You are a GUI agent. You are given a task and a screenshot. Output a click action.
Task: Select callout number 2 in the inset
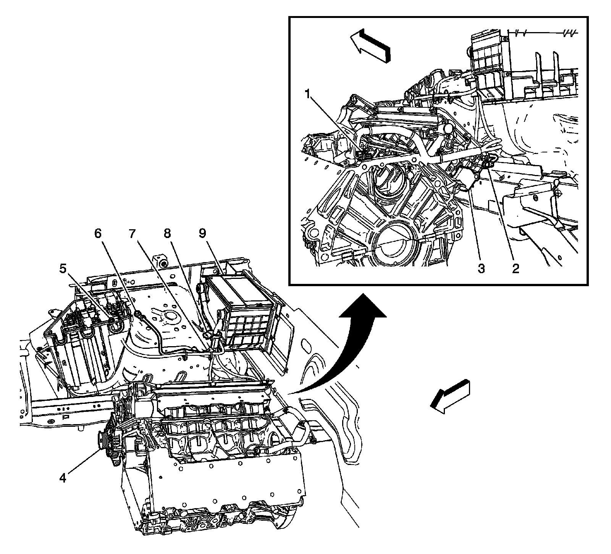[x=516, y=269]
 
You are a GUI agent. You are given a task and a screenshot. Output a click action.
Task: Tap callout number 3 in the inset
[x=481, y=269]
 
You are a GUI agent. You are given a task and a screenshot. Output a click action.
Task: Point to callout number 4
[x=62, y=478]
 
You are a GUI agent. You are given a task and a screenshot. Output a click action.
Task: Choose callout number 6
[x=99, y=234]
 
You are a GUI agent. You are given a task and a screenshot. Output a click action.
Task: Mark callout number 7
[x=132, y=234]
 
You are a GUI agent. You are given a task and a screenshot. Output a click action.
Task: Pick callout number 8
[x=167, y=234]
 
